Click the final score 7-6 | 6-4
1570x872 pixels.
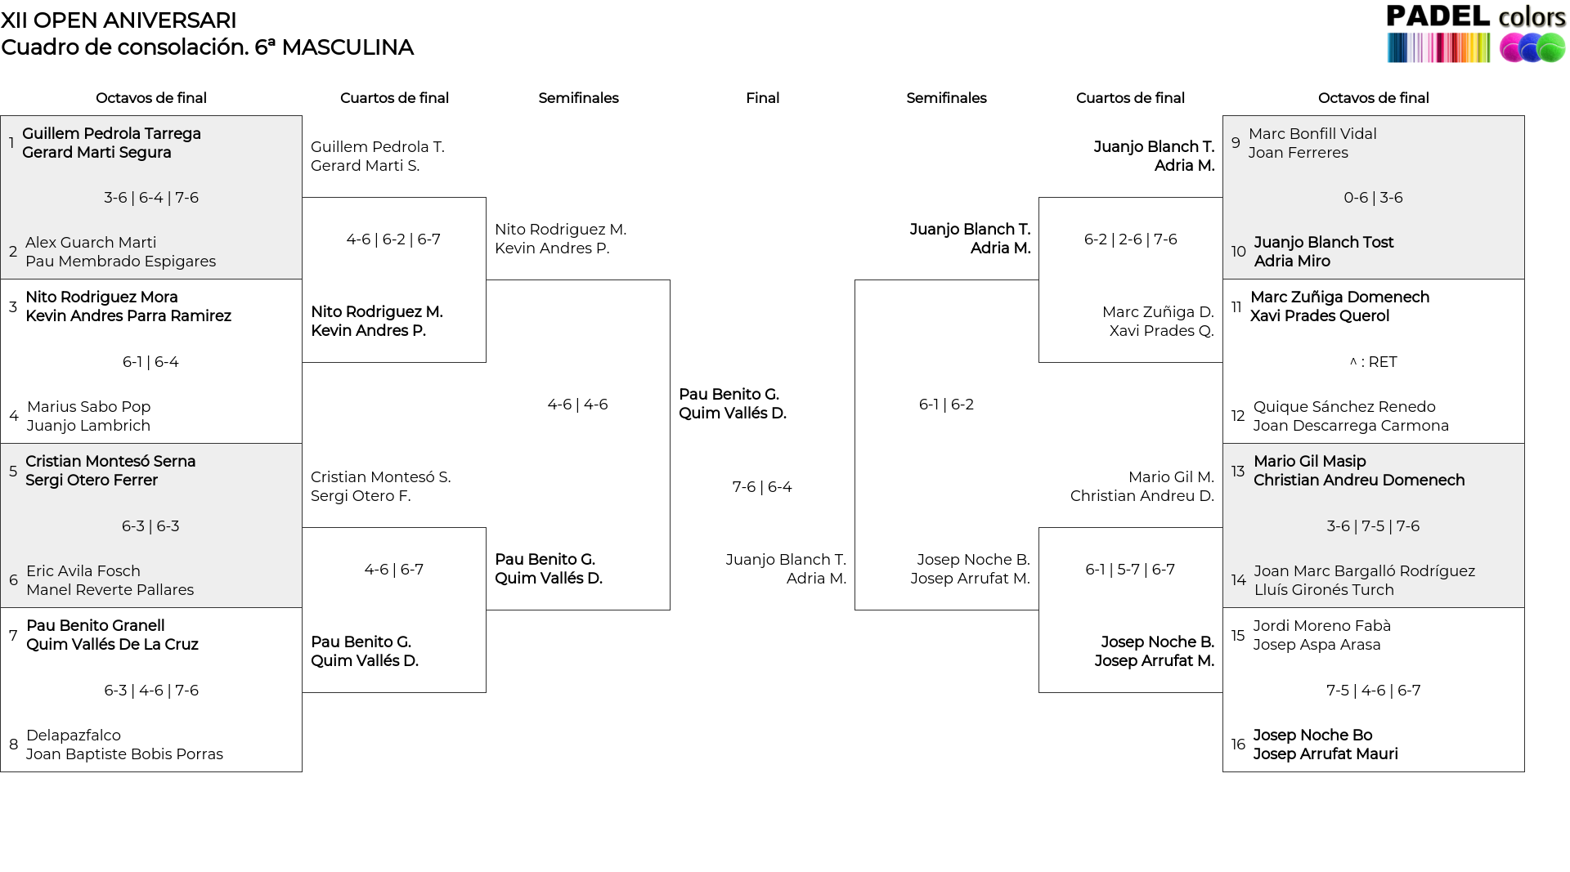click(x=762, y=487)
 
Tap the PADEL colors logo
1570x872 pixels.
click(x=1476, y=34)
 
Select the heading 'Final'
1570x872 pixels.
click(x=762, y=98)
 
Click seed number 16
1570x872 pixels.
click(x=1238, y=745)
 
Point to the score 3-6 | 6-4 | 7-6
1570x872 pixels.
click(x=151, y=198)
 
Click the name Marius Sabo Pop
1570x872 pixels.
click(x=89, y=407)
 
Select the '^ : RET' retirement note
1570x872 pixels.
click(x=1374, y=362)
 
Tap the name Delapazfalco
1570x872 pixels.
click(x=74, y=736)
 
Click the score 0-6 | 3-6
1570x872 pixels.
click(x=1374, y=198)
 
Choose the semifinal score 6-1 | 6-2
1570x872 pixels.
click(x=946, y=405)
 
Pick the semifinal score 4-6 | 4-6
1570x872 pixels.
click(x=578, y=405)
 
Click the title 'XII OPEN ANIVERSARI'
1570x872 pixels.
click(x=119, y=20)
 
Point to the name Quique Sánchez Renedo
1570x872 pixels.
click(x=1344, y=407)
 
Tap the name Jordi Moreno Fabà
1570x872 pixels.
click(x=1322, y=626)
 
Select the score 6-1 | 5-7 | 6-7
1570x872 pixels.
click(x=1130, y=570)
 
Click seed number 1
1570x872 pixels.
click(x=11, y=143)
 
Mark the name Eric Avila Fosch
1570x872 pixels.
click(x=83, y=571)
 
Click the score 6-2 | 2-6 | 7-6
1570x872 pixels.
click(x=1131, y=239)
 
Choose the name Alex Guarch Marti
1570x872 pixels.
click(x=91, y=243)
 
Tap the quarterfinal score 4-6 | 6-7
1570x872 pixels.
click(x=394, y=570)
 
